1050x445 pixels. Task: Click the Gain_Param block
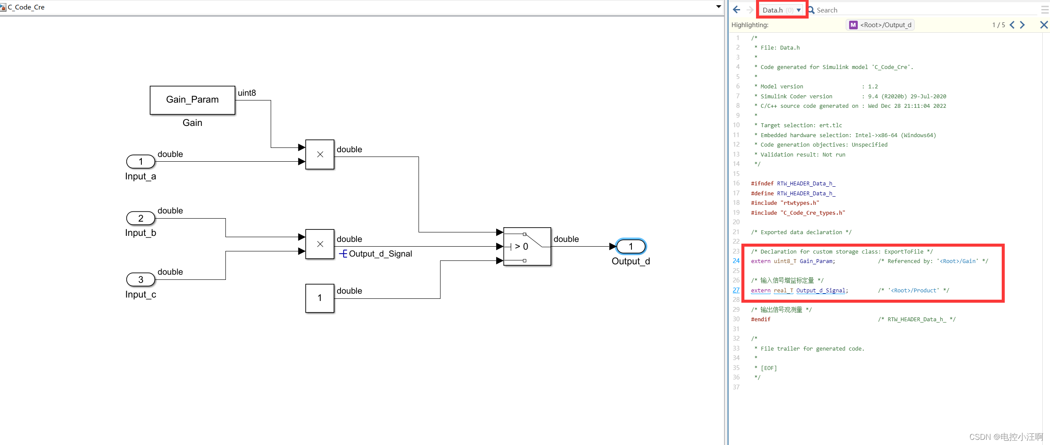pos(192,100)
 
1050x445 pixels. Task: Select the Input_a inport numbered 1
pos(141,161)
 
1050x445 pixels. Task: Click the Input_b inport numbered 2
pos(141,218)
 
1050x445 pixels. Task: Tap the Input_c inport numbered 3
pos(141,279)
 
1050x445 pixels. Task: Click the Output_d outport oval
pos(631,246)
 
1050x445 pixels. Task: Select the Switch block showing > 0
pos(527,246)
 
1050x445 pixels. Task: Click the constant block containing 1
pos(319,298)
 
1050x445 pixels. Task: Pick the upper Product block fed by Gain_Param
pos(319,154)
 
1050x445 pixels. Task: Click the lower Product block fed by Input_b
pos(319,244)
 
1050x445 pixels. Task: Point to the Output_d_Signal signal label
pos(380,254)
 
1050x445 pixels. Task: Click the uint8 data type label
pos(247,93)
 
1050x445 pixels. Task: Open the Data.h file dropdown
pos(799,10)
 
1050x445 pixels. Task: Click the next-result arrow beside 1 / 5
pos(1022,25)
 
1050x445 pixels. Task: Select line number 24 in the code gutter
pos(736,261)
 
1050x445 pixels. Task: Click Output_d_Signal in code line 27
pos(820,291)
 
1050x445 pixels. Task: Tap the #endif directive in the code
pos(760,320)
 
